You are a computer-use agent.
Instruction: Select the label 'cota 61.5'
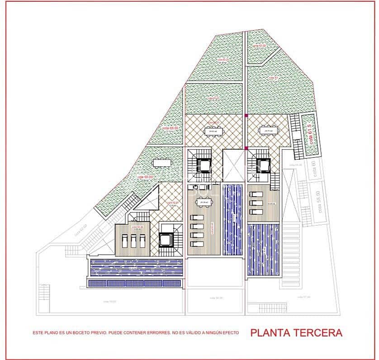click(311, 134)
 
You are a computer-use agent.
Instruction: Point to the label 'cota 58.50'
click(320, 202)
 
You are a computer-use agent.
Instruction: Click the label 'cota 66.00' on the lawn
click(170, 128)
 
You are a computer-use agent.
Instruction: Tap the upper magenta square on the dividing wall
click(246, 116)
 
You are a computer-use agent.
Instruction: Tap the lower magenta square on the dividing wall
click(246, 148)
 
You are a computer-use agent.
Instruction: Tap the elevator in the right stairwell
click(263, 165)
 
